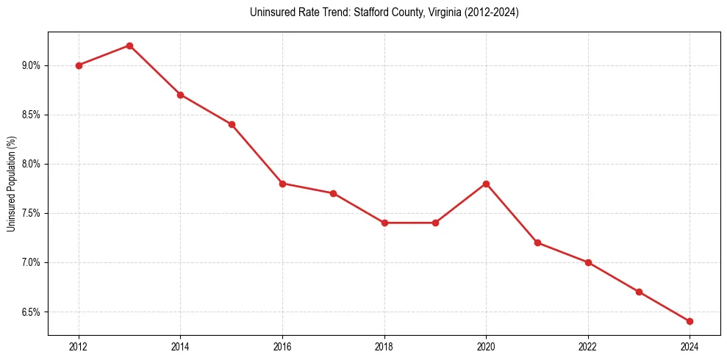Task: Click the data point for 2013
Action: tap(129, 46)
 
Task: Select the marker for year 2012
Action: tap(79, 65)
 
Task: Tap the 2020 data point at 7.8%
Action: tap(486, 184)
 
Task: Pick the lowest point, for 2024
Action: tap(690, 321)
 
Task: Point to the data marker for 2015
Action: tap(232, 124)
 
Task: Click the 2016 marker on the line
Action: tap(282, 184)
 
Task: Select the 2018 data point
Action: tap(384, 223)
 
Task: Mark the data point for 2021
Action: tap(537, 242)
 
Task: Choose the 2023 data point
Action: tap(639, 292)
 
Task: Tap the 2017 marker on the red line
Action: tap(333, 193)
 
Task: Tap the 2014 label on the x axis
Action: tap(180, 346)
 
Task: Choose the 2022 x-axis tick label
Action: tap(588, 346)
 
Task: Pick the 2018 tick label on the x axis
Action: tap(384, 346)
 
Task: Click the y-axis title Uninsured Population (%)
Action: tap(11, 184)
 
